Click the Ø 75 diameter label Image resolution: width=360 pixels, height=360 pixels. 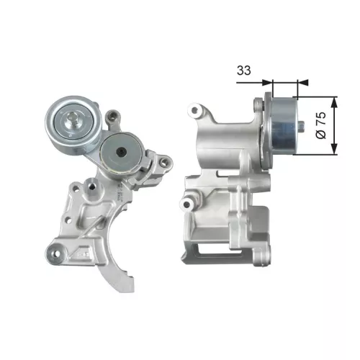point(321,124)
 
